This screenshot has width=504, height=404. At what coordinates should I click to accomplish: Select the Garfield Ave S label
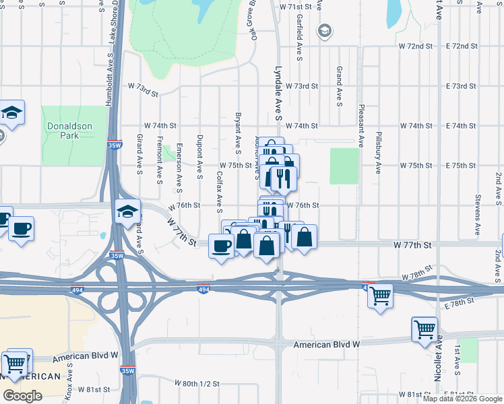(298, 36)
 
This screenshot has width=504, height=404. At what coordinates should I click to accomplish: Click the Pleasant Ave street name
(361, 125)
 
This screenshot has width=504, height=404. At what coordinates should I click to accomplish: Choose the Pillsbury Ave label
(379, 151)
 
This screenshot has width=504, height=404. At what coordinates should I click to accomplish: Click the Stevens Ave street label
(477, 214)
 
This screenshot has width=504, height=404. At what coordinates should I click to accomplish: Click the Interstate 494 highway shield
(203, 289)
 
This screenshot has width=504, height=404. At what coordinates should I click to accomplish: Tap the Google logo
(22, 396)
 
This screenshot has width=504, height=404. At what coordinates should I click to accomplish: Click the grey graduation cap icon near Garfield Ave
(325, 31)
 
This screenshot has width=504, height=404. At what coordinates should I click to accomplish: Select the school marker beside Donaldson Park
(11, 112)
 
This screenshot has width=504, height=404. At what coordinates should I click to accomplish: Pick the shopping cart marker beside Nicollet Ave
(424, 330)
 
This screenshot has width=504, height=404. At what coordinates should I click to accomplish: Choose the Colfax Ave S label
(220, 189)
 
